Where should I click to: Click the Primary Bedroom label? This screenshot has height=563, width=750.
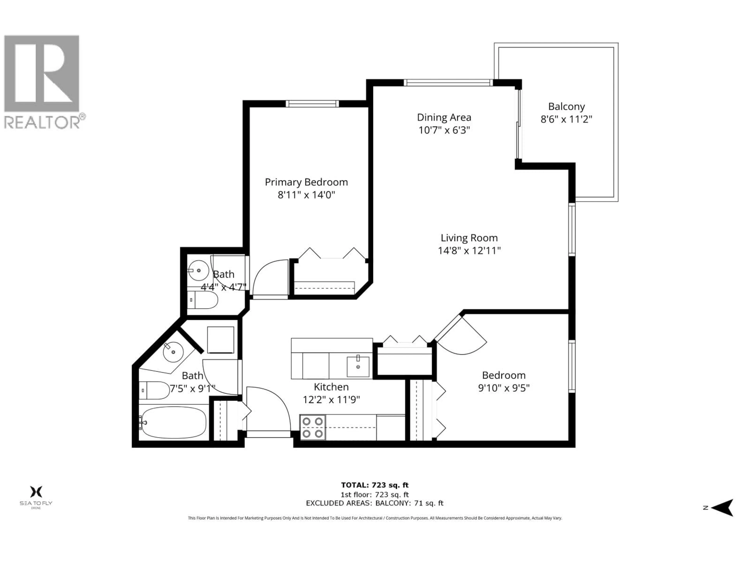click(x=306, y=182)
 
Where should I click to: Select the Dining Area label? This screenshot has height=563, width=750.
click(x=444, y=117)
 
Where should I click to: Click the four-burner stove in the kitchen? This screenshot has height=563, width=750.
click(x=312, y=427)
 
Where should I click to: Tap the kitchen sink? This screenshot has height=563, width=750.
click(x=358, y=367)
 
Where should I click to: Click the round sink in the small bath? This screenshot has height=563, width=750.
click(x=198, y=270)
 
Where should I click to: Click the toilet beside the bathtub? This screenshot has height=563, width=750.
click(x=154, y=390)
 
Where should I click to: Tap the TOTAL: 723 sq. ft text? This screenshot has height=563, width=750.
click(x=375, y=485)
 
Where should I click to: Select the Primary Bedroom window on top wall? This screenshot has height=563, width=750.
click(x=312, y=103)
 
